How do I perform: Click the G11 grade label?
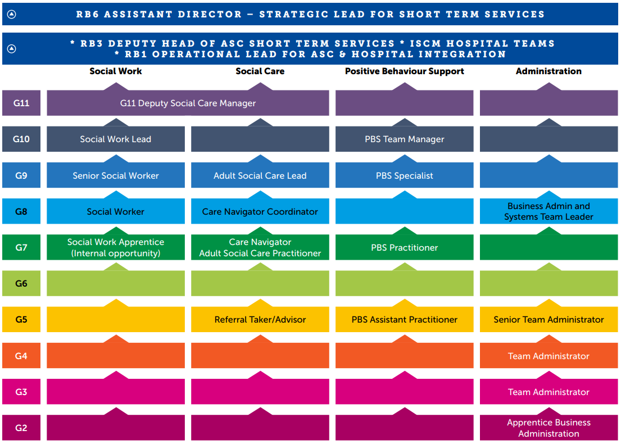pyautogui.click(x=21, y=103)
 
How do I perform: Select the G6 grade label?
pyautogui.click(x=21, y=284)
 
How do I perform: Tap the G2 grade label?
pyautogui.click(x=21, y=428)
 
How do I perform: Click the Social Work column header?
pyautogui.click(x=116, y=71)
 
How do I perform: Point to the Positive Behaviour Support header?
pyautogui.click(x=405, y=71)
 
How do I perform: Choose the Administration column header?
pyautogui.click(x=549, y=71)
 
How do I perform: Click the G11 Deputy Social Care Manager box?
pyautogui.click(x=188, y=103)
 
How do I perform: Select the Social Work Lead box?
pyautogui.click(x=116, y=139)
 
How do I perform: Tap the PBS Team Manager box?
pyautogui.click(x=405, y=139)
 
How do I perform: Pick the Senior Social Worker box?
pyautogui.click(x=116, y=175)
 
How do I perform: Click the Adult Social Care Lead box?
pyautogui.click(x=260, y=175)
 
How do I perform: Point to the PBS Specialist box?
pyautogui.click(x=405, y=175)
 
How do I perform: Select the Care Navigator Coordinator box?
pyautogui.click(x=260, y=212)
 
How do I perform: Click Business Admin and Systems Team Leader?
pyautogui.click(x=549, y=211)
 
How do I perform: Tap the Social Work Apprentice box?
pyautogui.click(x=116, y=248)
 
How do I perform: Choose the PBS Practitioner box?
pyautogui.click(x=405, y=248)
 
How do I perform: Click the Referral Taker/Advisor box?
pyautogui.click(x=260, y=320)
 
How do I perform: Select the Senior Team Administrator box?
pyautogui.click(x=549, y=320)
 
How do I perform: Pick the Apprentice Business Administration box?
pyautogui.click(x=549, y=428)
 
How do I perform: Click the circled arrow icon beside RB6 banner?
pyautogui.click(x=11, y=14)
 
